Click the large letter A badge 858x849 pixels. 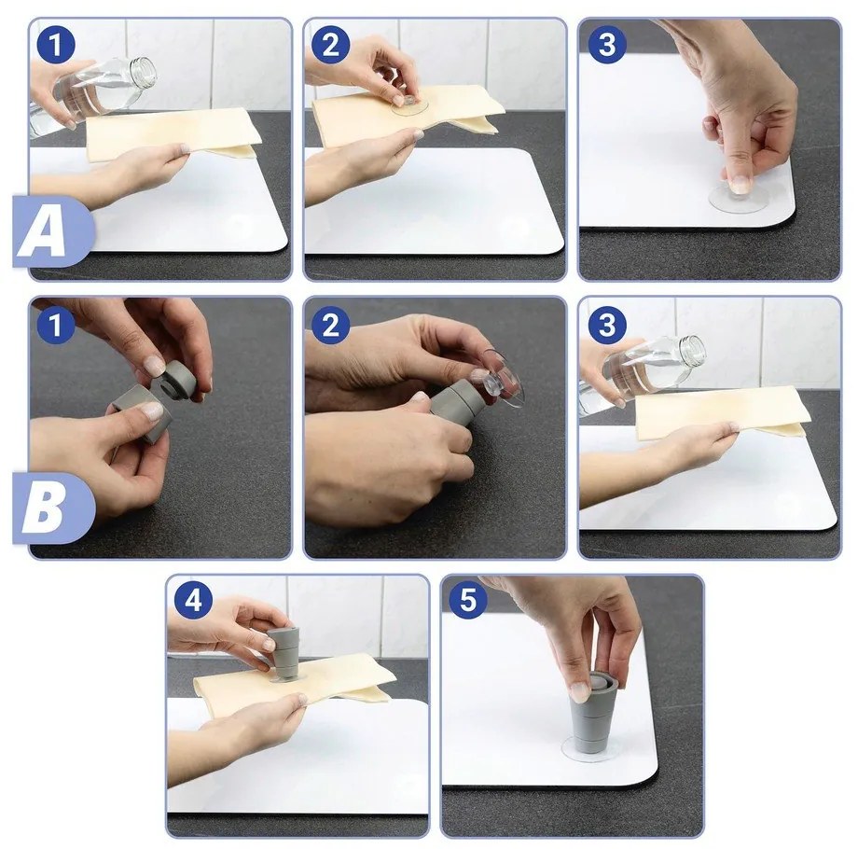pos(53,231)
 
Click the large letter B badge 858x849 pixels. pos(53,508)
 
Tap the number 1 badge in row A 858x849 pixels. pos(56,45)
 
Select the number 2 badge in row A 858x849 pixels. pos(330,45)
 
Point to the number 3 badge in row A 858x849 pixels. pos(607,45)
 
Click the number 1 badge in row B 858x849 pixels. pos(56,326)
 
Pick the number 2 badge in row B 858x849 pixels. pos(330,326)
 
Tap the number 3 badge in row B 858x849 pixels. pos(607,326)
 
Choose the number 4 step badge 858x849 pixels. pos(193,600)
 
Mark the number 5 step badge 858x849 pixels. pos(468,600)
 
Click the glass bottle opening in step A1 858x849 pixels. pos(144,71)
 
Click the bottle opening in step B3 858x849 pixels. pos(695,350)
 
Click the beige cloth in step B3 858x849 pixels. pos(722,411)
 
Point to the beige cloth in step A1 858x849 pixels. pos(171,134)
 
